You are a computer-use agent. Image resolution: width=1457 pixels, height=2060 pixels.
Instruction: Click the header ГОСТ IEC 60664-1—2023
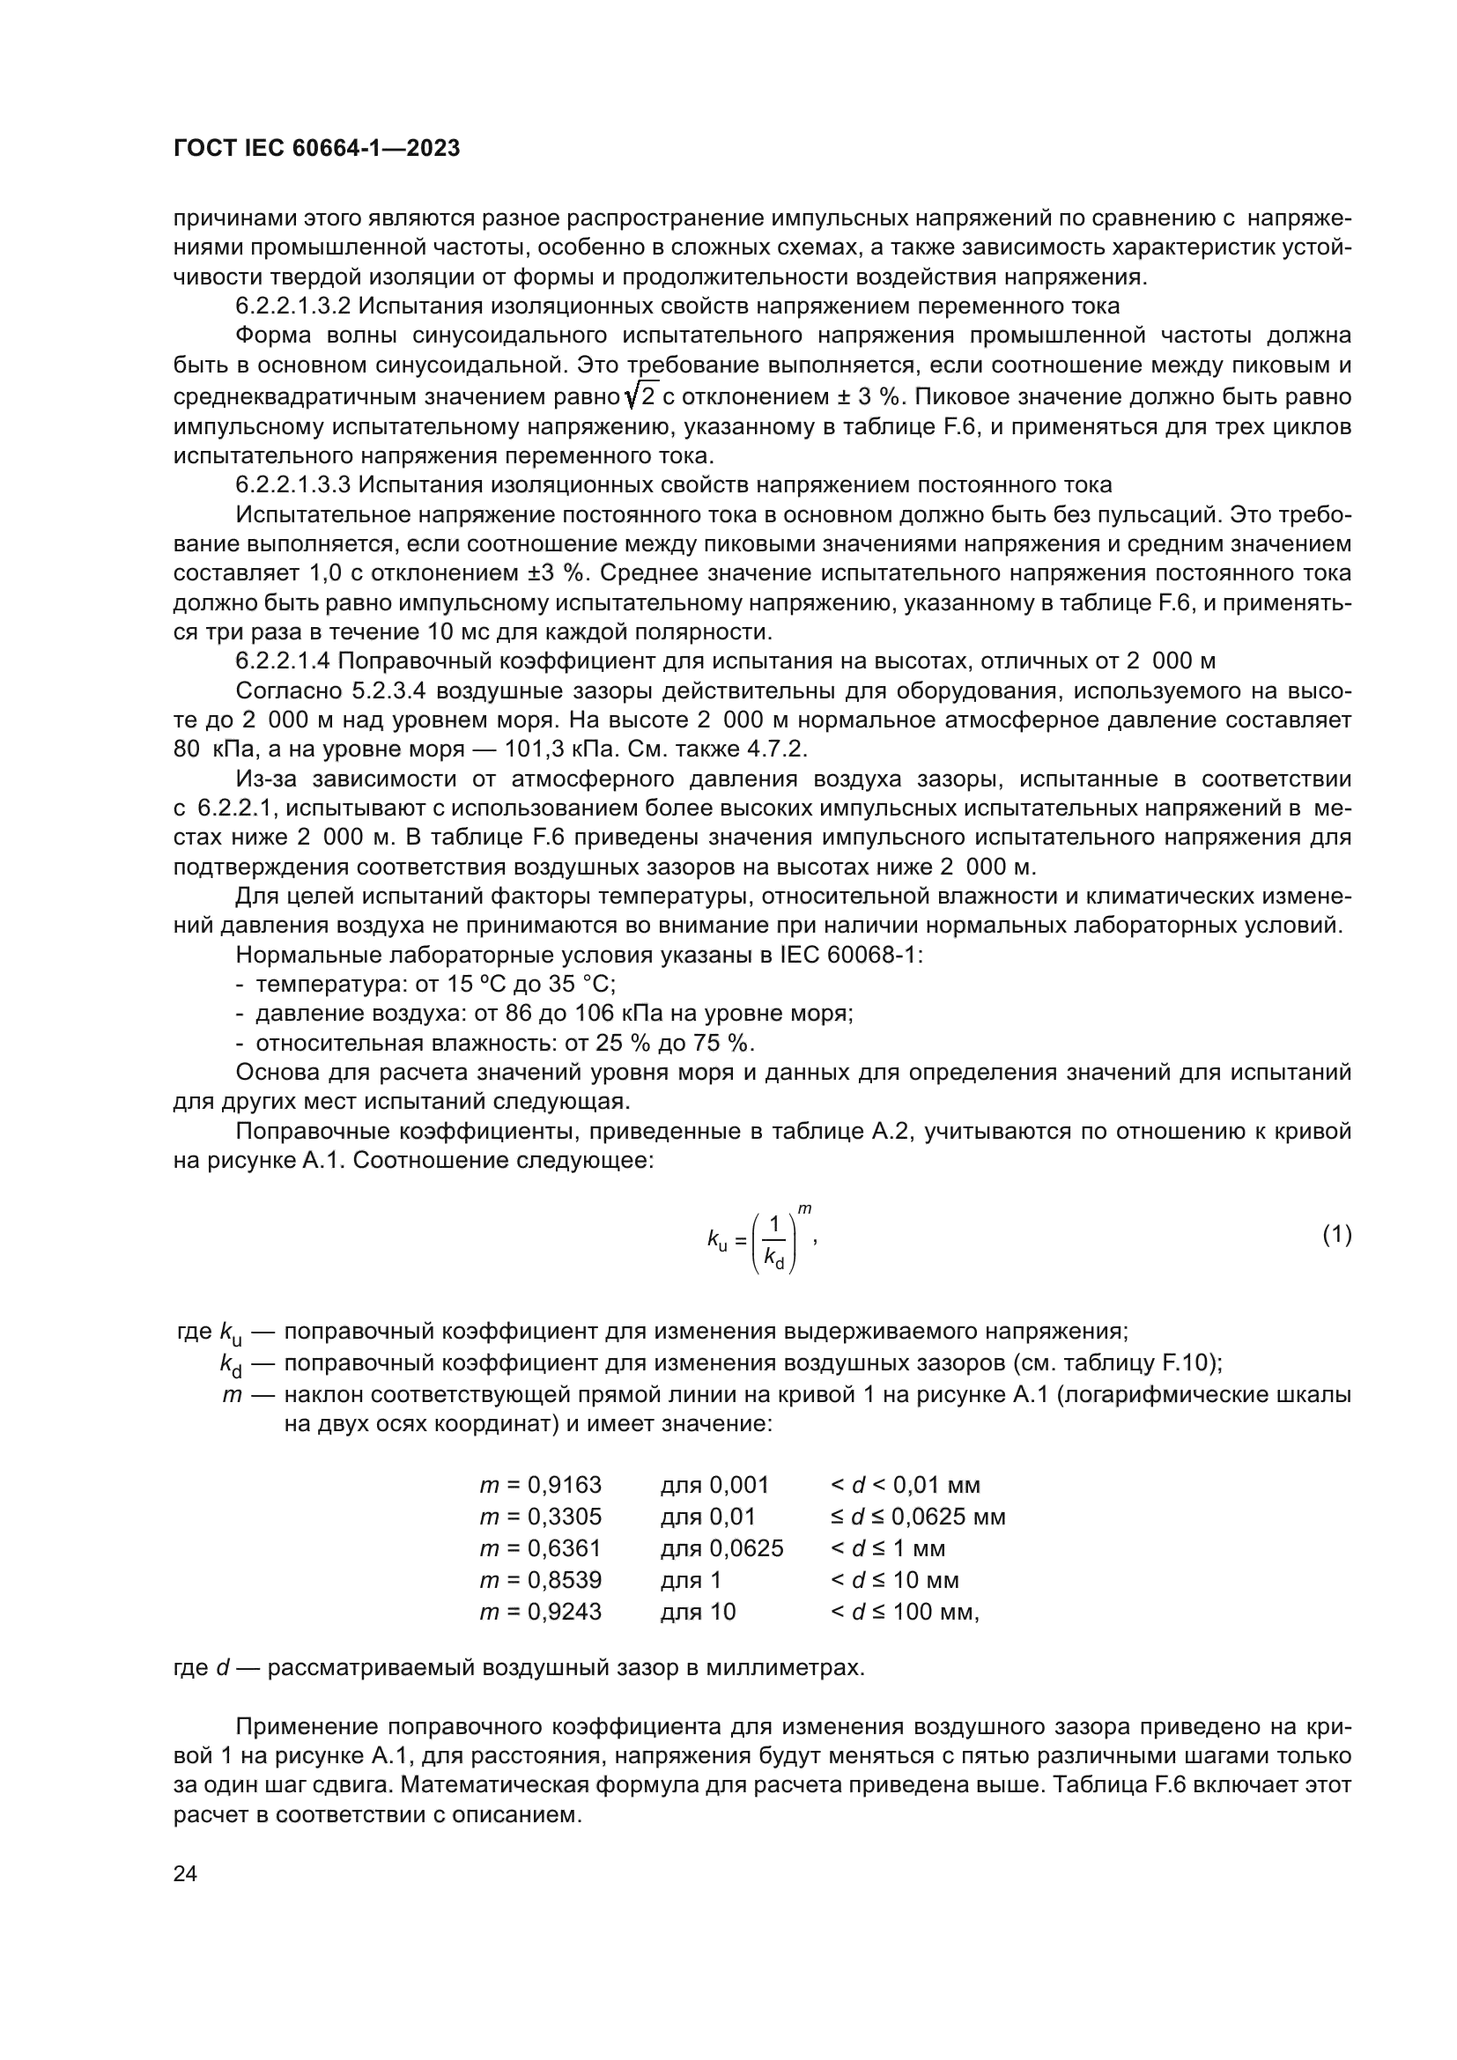[317, 149]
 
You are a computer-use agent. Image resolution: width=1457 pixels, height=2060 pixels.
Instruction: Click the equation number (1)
[1337, 1236]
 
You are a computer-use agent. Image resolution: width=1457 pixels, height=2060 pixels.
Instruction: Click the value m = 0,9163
[541, 1485]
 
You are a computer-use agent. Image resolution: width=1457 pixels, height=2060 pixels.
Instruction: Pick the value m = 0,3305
[541, 1517]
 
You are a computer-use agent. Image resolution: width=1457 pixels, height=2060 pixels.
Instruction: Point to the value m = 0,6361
[541, 1547]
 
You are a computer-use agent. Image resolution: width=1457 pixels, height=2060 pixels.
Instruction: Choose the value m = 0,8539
[541, 1579]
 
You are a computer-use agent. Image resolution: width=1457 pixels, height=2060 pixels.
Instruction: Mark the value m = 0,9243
[541, 1612]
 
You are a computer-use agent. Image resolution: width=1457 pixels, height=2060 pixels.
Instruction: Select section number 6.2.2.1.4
[283, 662]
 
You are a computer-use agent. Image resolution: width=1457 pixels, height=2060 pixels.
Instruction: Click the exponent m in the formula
[805, 1210]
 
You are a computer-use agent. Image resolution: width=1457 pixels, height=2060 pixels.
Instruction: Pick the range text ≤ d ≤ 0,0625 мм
[918, 1517]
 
